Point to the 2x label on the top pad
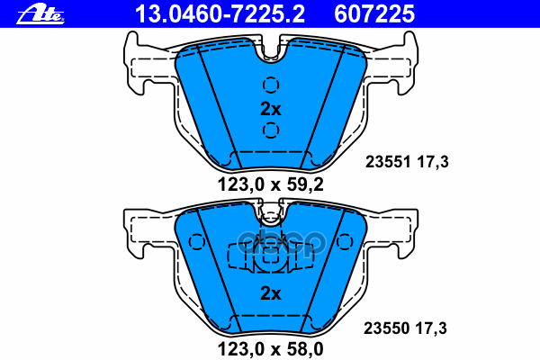[270, 110]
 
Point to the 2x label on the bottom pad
[270, 293]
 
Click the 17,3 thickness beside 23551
[432, 162]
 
